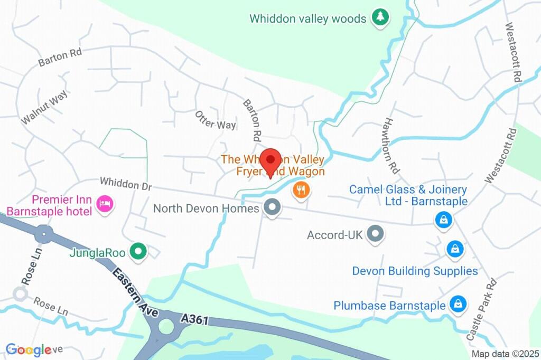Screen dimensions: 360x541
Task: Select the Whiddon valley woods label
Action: [x=308, y=19]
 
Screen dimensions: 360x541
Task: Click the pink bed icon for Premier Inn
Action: [x=105, y=204]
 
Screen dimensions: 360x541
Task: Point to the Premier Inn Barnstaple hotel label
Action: [x=50, y=206]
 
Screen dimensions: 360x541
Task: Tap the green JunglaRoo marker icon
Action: [x=138, y=252]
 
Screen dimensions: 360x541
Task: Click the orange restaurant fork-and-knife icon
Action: [x=301, y=190]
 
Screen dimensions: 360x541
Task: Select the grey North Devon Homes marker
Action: [x=272, y=208]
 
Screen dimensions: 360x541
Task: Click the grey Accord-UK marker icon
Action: [x=375, y=234]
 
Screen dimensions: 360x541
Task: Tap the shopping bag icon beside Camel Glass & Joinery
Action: [x=443, y=220]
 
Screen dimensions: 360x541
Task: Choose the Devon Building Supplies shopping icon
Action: [x=454, y=249]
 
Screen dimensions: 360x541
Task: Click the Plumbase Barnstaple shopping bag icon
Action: [x=457, y=304]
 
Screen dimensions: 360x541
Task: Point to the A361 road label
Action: [x=195, y=320]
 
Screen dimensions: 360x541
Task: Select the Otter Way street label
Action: [x=215, y=120]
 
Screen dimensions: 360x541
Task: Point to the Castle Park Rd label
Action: [x=484, y=308]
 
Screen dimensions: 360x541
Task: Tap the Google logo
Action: [x=29, y=349]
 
